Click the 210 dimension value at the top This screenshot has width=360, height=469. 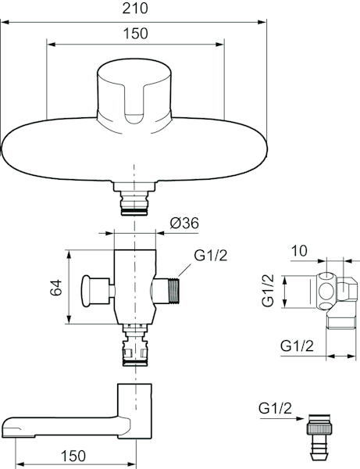pos(135,8)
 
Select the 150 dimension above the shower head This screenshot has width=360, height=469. pos(135,33)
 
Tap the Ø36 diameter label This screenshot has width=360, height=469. pos(184,223)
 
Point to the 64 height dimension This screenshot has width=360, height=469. pos(56,288)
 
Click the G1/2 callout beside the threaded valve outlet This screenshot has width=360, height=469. pos(211,255)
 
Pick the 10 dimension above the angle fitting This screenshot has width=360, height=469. pos(299,251)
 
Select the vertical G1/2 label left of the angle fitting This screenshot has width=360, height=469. pos(268,290)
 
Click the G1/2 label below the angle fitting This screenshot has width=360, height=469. pos(297,345)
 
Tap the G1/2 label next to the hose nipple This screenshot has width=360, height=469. pos(275,408)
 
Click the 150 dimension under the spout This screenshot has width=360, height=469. pos(73,456)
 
